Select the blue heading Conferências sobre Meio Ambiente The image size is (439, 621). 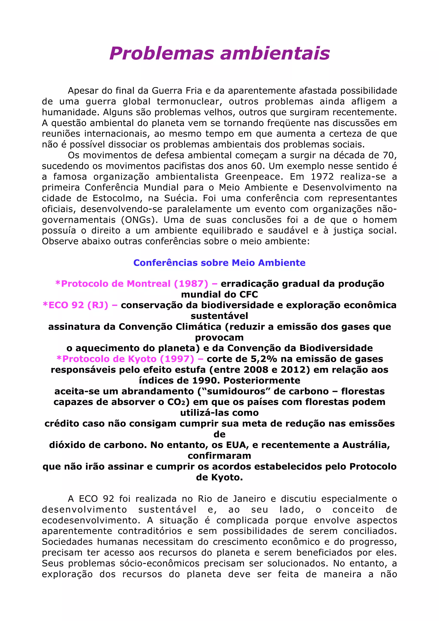click(219, 263)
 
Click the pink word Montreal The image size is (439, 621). click(149, 284)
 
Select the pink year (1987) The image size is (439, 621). click(191, 284)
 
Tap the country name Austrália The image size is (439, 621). click(366, 445)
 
